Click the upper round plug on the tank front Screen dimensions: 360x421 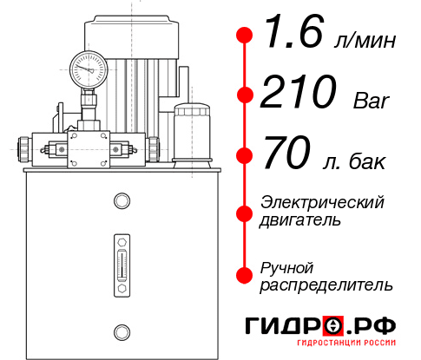[121, 201]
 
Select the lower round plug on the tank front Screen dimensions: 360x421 [121, 331]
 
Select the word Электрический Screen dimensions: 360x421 [322, 202]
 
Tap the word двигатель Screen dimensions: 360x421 [300, 220]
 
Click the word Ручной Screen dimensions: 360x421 [286, 266]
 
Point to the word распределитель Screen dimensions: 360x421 [326, 285]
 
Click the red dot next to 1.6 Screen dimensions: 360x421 [245, 36]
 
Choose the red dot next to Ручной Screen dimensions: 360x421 [245, 275]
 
